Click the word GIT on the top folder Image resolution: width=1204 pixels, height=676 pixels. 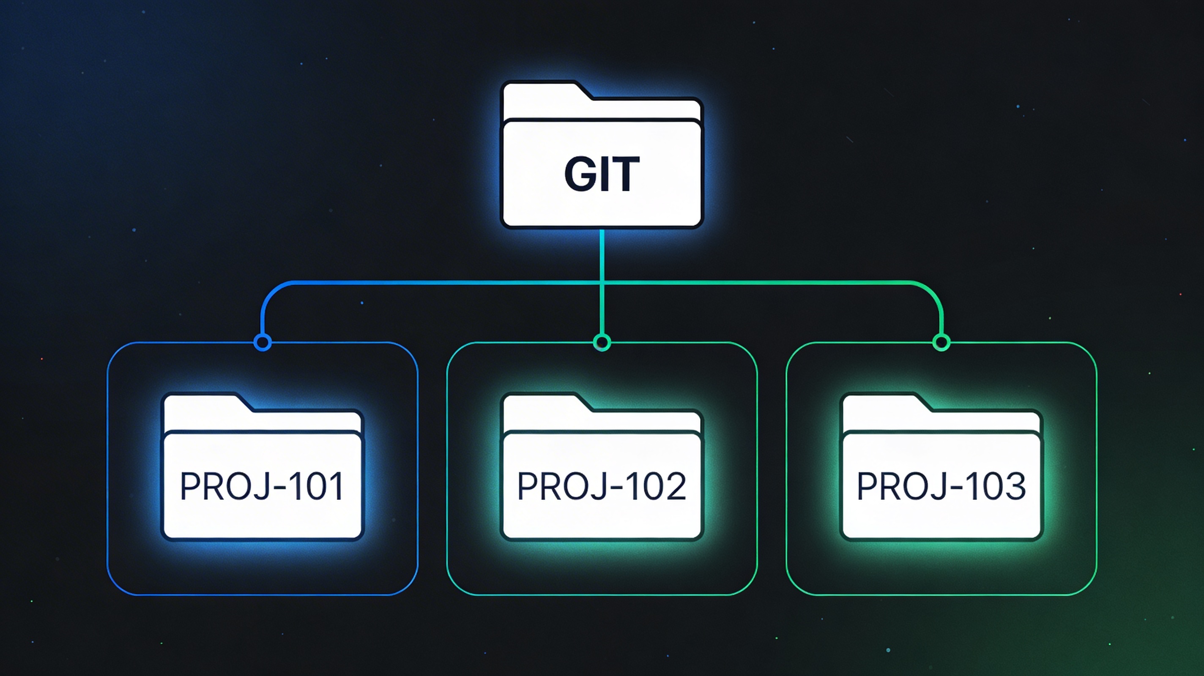602,174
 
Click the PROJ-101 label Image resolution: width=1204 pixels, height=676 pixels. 262,486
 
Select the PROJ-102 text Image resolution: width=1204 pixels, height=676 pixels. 602,486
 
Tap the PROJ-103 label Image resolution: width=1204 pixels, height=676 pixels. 941,486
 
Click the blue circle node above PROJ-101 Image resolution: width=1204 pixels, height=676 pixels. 263,343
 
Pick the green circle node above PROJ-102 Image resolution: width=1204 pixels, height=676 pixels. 602,343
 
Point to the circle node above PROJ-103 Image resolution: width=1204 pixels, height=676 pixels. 941,343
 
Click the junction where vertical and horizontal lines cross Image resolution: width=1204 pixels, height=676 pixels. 602,283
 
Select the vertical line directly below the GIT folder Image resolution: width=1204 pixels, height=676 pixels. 602,255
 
